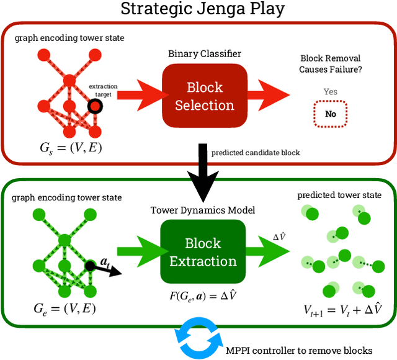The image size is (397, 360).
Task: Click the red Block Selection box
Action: click(204, 96)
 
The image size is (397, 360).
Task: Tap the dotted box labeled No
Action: click(331, 114)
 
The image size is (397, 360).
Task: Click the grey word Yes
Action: click(331, 92)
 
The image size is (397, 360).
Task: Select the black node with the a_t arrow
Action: click(90, 264)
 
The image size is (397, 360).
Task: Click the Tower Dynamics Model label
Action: click(203, 209)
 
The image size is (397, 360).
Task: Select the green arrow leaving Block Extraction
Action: click(268, 251)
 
